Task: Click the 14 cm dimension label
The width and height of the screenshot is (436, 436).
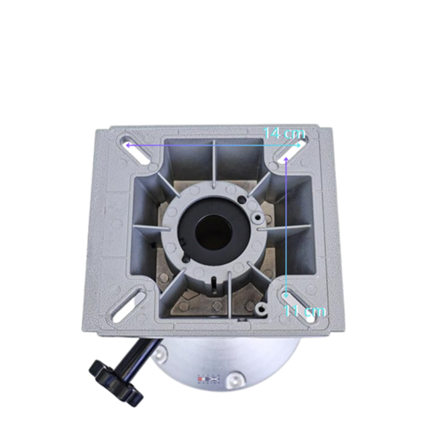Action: point(284,133)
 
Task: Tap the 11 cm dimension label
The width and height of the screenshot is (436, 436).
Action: point(305,311)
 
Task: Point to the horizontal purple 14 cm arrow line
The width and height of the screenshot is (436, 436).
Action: point(201,144)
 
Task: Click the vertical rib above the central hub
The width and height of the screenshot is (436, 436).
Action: point(213,164)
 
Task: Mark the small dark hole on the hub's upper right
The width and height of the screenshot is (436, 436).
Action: point(257,218)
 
